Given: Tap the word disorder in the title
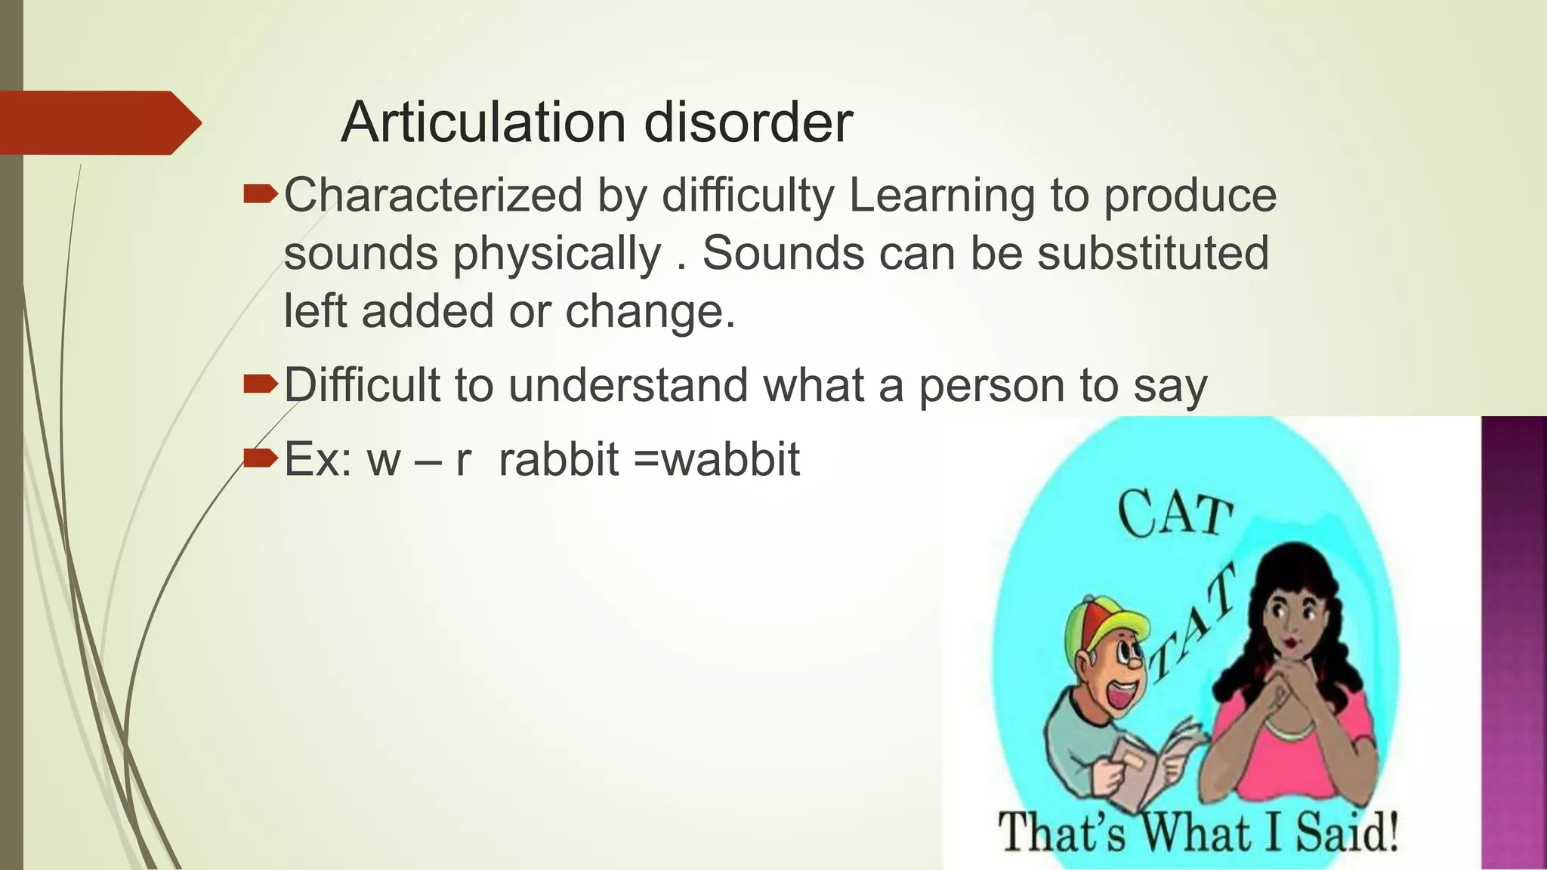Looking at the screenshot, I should coord(748,122).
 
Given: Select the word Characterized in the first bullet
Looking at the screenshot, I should coord(433,196).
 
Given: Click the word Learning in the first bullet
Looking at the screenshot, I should coord(941,196).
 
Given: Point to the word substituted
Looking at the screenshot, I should coord(1153,253).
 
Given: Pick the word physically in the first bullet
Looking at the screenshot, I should coord(557,255).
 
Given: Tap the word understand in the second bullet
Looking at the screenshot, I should coord(629,385).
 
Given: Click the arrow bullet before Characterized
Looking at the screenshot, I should coord(261,196).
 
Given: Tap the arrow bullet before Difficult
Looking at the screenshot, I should coord(261,386).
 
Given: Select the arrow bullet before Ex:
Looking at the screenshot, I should coord(261,458).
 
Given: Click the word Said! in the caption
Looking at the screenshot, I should coord(1346,833).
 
